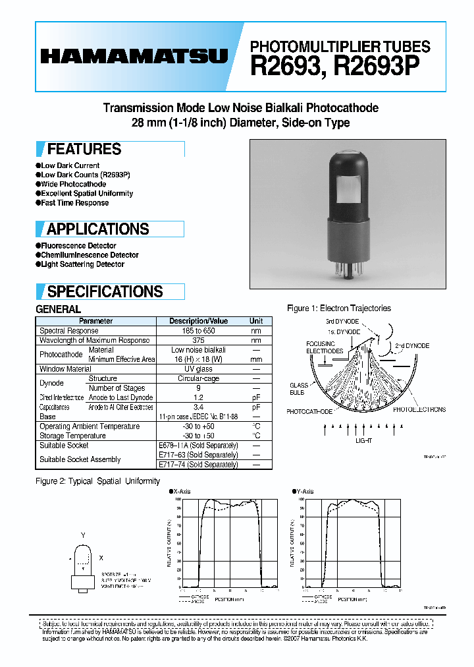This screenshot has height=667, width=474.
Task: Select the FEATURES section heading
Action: [84, 149]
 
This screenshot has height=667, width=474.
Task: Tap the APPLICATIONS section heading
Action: [97, 229]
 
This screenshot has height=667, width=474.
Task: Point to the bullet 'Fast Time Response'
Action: [74, 203]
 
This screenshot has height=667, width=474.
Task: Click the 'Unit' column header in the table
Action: [256, 321]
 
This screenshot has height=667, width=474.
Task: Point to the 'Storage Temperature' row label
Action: [72, 436]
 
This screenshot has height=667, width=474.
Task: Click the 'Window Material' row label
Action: [65, 369]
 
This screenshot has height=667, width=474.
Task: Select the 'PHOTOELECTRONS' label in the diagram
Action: [419, 409]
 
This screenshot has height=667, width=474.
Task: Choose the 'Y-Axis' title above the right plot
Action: [305, 492]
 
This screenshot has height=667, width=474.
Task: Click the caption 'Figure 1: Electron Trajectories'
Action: [339, 308]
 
